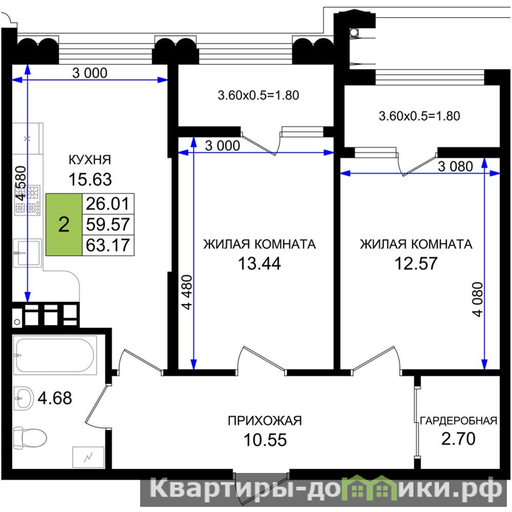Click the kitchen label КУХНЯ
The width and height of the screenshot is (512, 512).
90,159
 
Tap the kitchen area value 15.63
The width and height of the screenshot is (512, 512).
90,179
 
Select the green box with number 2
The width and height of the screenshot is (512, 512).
64,225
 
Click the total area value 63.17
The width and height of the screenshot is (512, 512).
108,245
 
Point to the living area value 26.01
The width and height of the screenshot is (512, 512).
108,204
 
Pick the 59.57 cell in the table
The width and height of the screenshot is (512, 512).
108,225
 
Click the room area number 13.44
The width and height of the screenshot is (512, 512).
259,263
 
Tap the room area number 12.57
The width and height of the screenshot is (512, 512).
416,263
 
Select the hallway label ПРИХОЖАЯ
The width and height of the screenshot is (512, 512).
265,421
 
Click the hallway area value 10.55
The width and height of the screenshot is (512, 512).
265,440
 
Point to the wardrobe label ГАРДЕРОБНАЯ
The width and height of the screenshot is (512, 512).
458,421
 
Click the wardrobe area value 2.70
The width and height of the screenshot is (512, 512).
458,439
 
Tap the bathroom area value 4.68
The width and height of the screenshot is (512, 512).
55,398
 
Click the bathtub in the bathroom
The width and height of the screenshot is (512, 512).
55,355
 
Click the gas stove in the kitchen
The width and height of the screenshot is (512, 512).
28,200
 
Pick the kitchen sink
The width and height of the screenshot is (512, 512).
28,253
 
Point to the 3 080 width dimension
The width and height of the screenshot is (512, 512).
455,166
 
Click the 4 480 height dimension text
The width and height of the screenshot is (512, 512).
187,292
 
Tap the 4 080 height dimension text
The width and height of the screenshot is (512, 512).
477,300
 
